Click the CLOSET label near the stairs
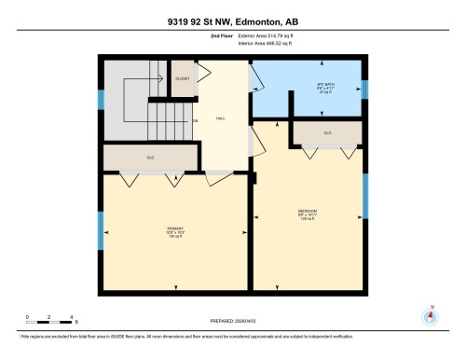pyautogui.click(x=183, y=78)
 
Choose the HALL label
pyautogui.click(x=221, y=118)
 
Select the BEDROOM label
pyautogui.click(x=308, y=211)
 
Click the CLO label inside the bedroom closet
pyautogui.click(x=327, y=133)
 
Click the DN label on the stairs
pyautogui.click(x=195, y=121)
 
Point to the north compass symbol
pyautogui.click(x=430, y=315)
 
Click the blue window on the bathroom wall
pyautogui.click(x=365, y=90)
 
